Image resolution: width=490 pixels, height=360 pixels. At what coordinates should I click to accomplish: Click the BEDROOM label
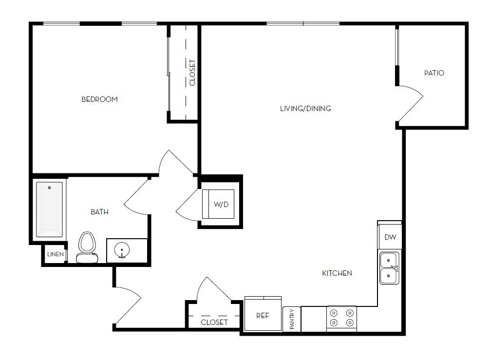pos(99,99)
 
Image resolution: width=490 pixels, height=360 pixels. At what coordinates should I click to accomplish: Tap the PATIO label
pos(434,73)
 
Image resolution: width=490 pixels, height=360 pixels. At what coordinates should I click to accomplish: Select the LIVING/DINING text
pos(305,109)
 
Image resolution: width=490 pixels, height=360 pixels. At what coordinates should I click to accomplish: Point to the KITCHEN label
pos(337,273)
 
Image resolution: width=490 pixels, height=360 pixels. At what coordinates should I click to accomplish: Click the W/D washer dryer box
pos(221,204)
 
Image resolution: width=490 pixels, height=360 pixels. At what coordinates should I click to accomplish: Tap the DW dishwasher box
pos(390,237)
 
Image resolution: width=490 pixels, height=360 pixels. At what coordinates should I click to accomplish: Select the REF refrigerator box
pos(263,315)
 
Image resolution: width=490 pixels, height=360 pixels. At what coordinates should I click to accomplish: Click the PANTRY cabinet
pos(292,319)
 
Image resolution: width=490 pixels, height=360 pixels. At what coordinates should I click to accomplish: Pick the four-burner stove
pos(341,318)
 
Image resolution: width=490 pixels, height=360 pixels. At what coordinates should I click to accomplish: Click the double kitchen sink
pos(389,268)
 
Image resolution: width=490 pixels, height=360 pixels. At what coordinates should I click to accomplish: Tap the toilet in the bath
pos(87,247)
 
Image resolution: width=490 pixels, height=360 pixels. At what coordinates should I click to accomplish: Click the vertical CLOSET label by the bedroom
pos(192,73)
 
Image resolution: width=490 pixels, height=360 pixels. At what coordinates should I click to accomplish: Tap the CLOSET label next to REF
pos(214,322)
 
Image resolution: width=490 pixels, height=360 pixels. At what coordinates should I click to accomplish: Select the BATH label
pos(99,212)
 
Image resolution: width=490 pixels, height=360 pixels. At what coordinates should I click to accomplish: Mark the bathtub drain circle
pos(49,188)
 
